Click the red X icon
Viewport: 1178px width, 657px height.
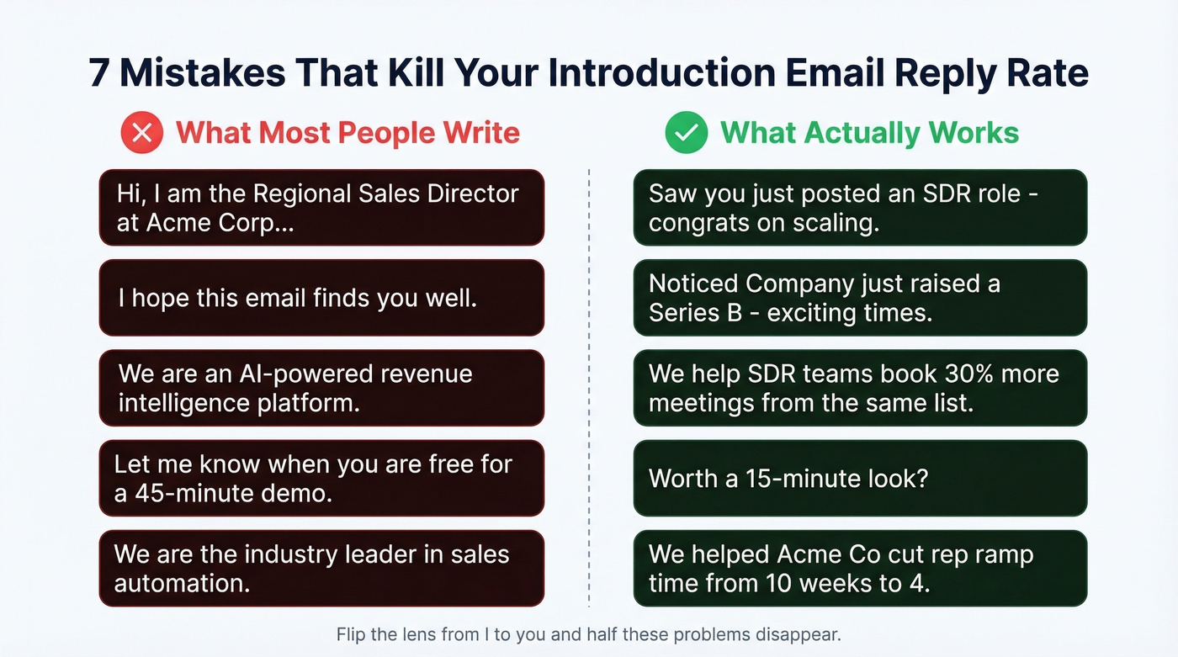coord(141,133)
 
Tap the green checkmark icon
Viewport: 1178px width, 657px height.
coord(686,133)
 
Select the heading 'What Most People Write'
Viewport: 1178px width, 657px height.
coord(348,133)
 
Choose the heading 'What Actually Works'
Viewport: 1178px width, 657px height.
coord(869,133)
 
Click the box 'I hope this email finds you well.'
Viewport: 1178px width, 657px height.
coord(321,298)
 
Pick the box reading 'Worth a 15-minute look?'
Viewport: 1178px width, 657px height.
coord(860,478)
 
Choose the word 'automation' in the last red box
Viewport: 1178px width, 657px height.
coord(182,583)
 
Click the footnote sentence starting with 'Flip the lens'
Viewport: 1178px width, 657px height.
coord(588,633)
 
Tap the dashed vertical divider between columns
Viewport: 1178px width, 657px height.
coord(589,387)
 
